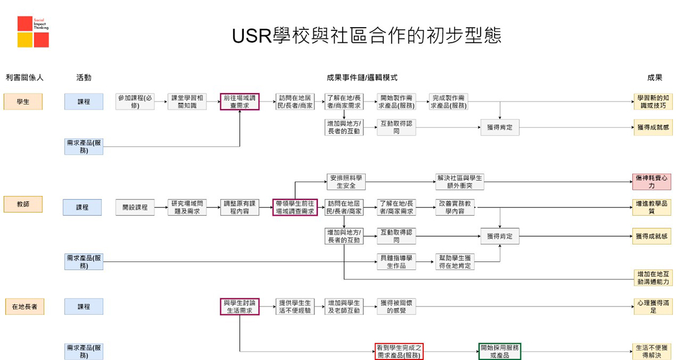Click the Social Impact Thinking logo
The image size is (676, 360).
33,32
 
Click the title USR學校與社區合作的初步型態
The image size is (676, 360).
366,35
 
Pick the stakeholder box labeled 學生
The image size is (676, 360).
23,101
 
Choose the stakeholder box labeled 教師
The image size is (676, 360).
23,204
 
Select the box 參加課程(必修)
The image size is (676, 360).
135,101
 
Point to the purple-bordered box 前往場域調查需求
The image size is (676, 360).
239,101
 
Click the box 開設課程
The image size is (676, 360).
135,207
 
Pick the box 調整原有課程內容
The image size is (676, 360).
239,207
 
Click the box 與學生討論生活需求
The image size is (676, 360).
239,306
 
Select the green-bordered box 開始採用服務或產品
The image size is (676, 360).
500,351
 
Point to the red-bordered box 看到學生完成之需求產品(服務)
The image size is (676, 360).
398,351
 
